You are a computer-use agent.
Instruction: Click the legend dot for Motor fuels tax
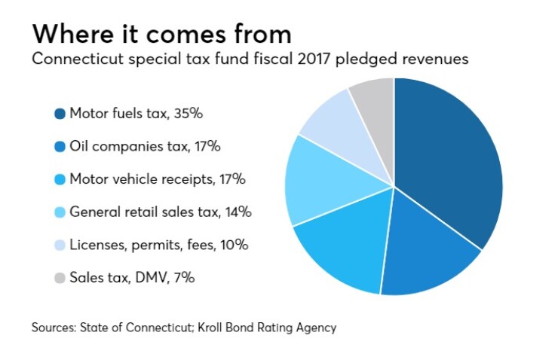pos(60,114)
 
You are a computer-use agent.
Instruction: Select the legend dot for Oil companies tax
pos(60,147)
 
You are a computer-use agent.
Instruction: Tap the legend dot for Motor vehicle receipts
pos(60,179)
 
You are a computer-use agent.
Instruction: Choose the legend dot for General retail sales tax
pos(60,212)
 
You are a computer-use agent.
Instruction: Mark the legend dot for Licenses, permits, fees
pos(60,245)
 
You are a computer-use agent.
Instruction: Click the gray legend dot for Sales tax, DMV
pos(60,278)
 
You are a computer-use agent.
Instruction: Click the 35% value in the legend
pos(189,114)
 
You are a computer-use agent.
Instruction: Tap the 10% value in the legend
pos(233,245)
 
